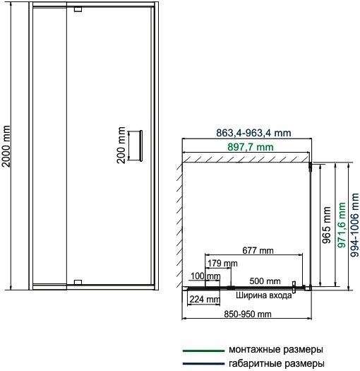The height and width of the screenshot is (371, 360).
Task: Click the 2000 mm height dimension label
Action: [6, 146]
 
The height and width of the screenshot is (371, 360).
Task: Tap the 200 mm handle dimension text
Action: [121, 145]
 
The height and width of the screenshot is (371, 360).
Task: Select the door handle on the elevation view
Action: [141, 146]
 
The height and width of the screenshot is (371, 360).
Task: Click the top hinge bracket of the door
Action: [78, 9]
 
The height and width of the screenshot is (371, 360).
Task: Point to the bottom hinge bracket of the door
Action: [78, 282]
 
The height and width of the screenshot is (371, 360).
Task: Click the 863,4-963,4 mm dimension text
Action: [253, 133]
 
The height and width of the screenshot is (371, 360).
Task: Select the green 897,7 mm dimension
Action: [251, 147]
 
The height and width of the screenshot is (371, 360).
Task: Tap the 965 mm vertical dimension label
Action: [326, 225]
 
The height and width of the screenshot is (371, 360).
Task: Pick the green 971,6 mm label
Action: [342, 225]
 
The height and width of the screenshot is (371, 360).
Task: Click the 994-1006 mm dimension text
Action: [355, 225]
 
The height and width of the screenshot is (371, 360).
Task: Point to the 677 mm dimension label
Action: [258, 250]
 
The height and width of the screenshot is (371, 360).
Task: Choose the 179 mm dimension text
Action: [222, 263]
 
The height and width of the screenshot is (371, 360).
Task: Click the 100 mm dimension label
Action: [205, 276]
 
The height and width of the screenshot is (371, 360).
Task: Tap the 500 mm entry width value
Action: [265, 281]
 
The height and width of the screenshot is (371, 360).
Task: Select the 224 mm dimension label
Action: [205, 300]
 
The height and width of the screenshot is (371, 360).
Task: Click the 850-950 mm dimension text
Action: [248, 314]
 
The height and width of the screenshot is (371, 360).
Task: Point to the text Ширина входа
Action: [264, 295]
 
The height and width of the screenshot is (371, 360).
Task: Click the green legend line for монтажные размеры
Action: [203, 351]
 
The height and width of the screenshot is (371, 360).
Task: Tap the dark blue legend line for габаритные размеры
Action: [203, 363]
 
